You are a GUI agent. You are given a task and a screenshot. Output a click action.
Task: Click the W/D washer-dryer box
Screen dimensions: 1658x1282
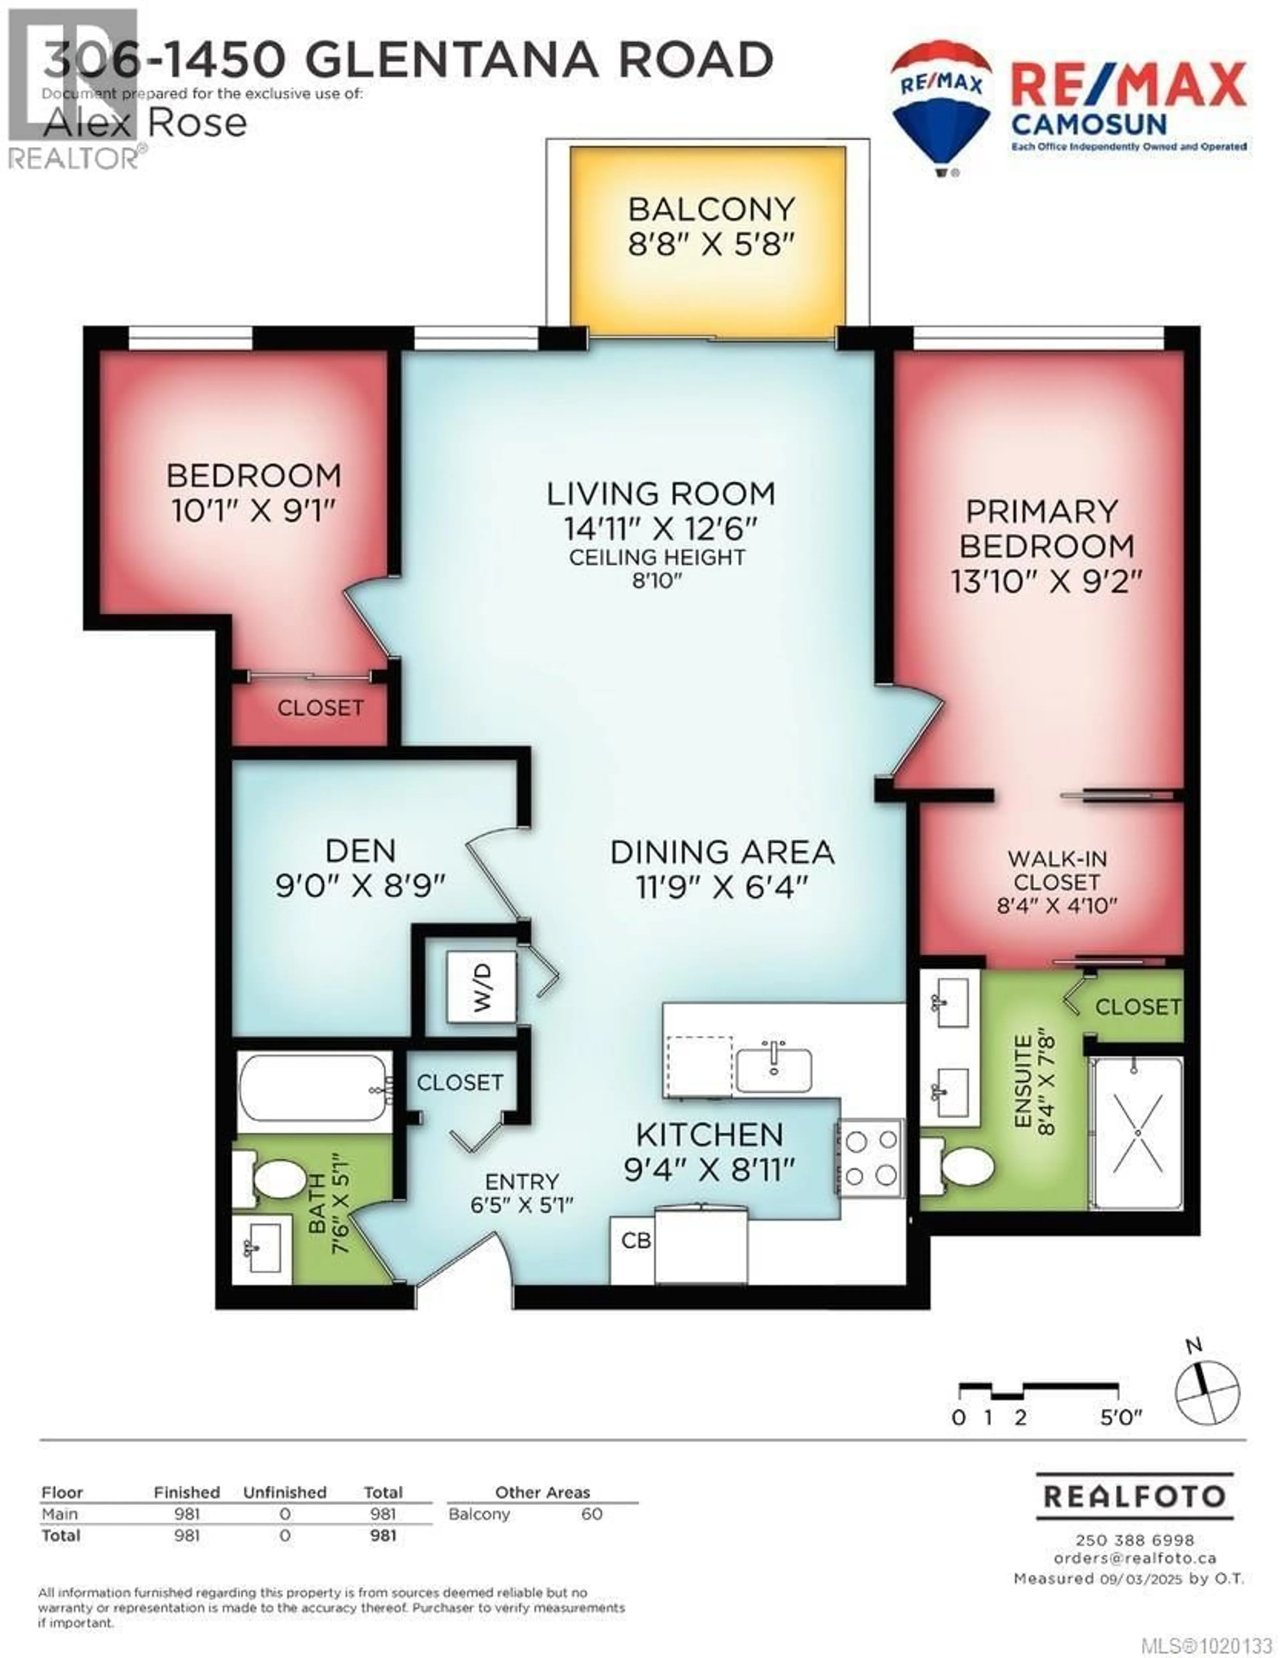(x=481, y=987)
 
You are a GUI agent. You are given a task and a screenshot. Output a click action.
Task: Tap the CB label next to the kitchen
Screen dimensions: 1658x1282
(x=636, y=1240)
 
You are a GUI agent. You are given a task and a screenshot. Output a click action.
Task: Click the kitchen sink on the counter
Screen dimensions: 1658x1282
(x=773, y=1069)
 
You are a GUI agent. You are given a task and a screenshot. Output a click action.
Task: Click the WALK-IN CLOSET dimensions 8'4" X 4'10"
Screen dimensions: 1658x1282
(x=1056, y=905)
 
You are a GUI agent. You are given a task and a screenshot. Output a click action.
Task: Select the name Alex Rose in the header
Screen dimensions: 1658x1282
(x=144, y=123)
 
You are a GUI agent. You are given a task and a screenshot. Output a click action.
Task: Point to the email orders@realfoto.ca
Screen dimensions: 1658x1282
(x=1135, y=1558)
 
